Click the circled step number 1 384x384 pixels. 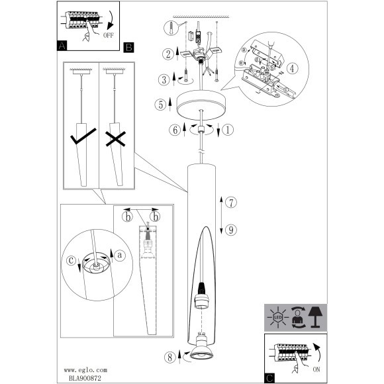tap(228, 130)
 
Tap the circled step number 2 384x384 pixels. tap(168, 54)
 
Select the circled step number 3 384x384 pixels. tap(164, 79)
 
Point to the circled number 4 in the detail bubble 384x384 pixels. tap(292, 69)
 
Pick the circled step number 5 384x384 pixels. tap(160, 105)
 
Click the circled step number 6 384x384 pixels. tap(175, 130)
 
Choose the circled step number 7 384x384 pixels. tap(231, 203)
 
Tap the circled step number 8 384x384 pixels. tap(170, 358)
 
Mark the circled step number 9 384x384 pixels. tap(231, 230)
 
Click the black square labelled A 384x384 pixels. tap(62, 46)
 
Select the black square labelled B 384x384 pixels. tap(129, 47)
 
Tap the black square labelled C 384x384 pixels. tap(269, 378)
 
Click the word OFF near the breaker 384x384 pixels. tap(108, 35)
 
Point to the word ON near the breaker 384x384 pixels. tap(316, 369)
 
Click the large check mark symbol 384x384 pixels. tap(83, 136)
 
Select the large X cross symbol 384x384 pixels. tap(116, 139)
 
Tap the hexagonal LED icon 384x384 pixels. tap(277, 318)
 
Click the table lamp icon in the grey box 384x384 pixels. tap(315, 317)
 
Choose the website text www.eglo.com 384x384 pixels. tap(85, 370)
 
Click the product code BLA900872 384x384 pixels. tap(85, 378)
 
